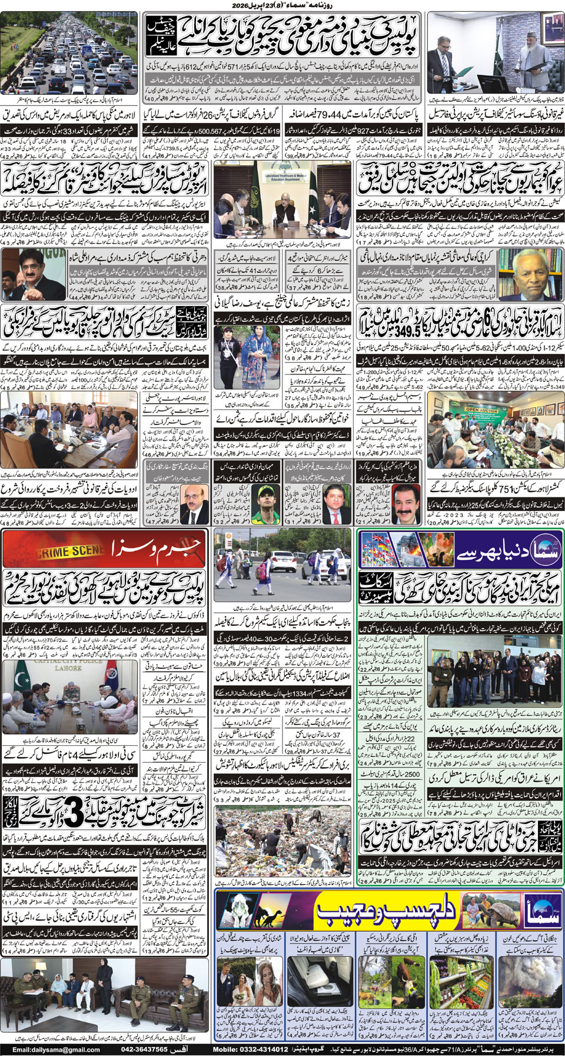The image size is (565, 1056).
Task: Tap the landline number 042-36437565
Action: (x=144, y=1050)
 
